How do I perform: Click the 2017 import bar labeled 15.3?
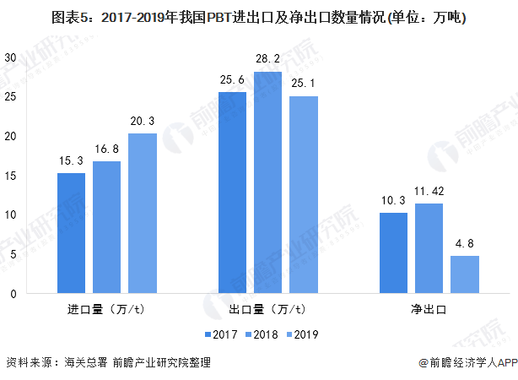71,233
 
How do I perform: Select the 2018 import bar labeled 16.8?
106,227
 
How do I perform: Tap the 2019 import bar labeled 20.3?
142,214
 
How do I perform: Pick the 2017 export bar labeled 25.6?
232,193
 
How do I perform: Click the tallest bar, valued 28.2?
267,182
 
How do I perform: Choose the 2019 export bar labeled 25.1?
303,194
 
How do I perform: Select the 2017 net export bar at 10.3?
393,252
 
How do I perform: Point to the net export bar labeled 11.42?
429,248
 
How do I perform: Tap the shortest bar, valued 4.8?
464,274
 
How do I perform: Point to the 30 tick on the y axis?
11,57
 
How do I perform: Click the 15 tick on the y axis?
11,175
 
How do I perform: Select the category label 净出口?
429,309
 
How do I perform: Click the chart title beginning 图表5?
258,16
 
